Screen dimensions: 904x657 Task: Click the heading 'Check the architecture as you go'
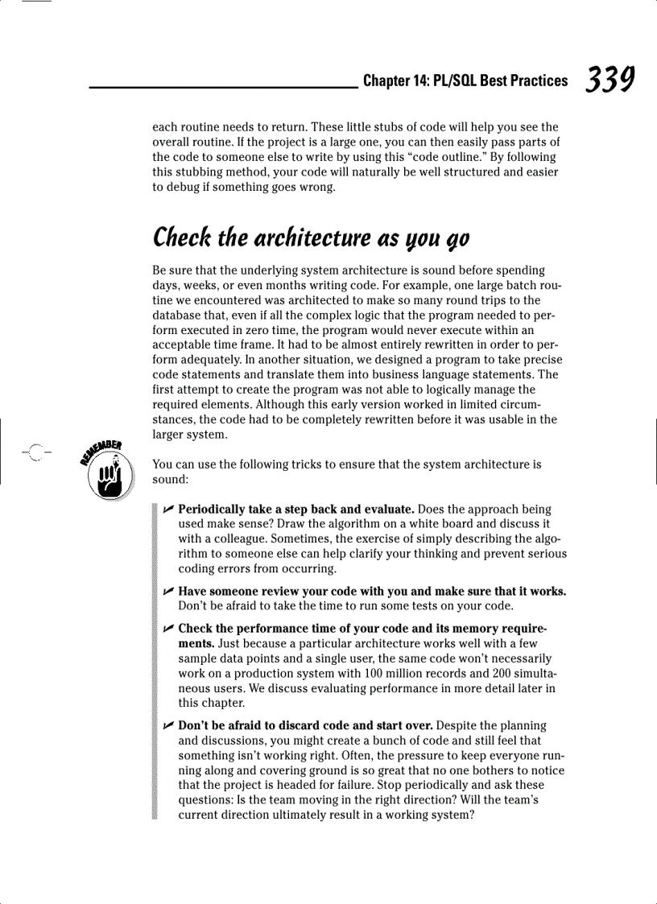pos(311,238)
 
